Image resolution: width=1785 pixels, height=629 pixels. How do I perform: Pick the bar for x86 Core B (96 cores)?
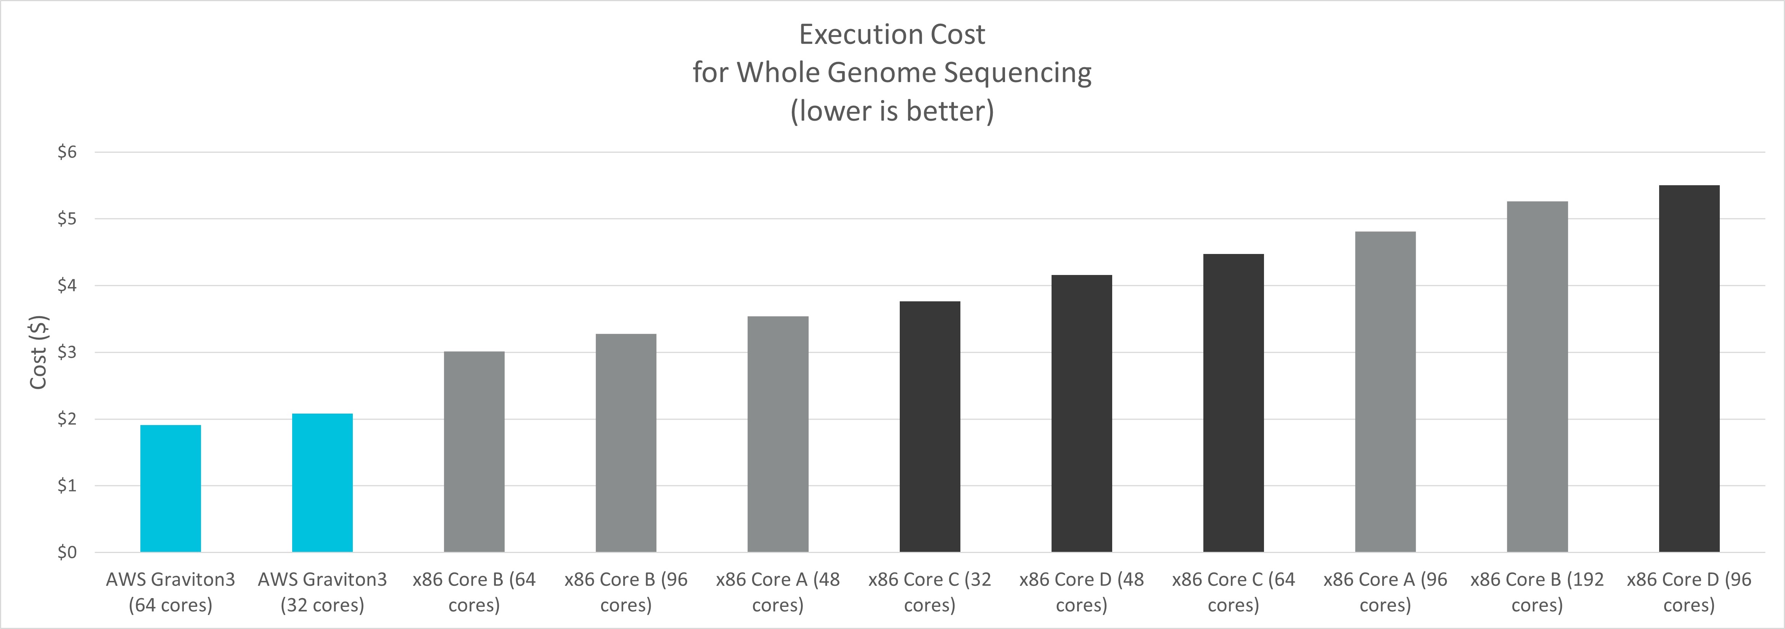tap(626, 443)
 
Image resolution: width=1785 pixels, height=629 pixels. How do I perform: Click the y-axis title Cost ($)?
tap(38, 352)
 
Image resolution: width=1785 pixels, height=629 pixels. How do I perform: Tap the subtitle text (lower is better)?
tap(892, 111)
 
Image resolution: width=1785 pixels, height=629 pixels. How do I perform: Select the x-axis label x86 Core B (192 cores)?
tap(1537, 592)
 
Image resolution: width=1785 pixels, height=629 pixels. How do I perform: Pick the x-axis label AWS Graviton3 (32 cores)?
tap(322, 592)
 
